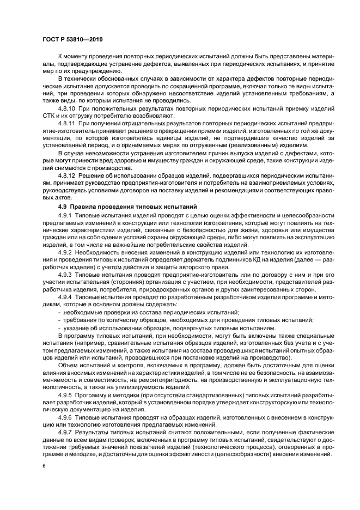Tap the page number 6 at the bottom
[x=44, y=466]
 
